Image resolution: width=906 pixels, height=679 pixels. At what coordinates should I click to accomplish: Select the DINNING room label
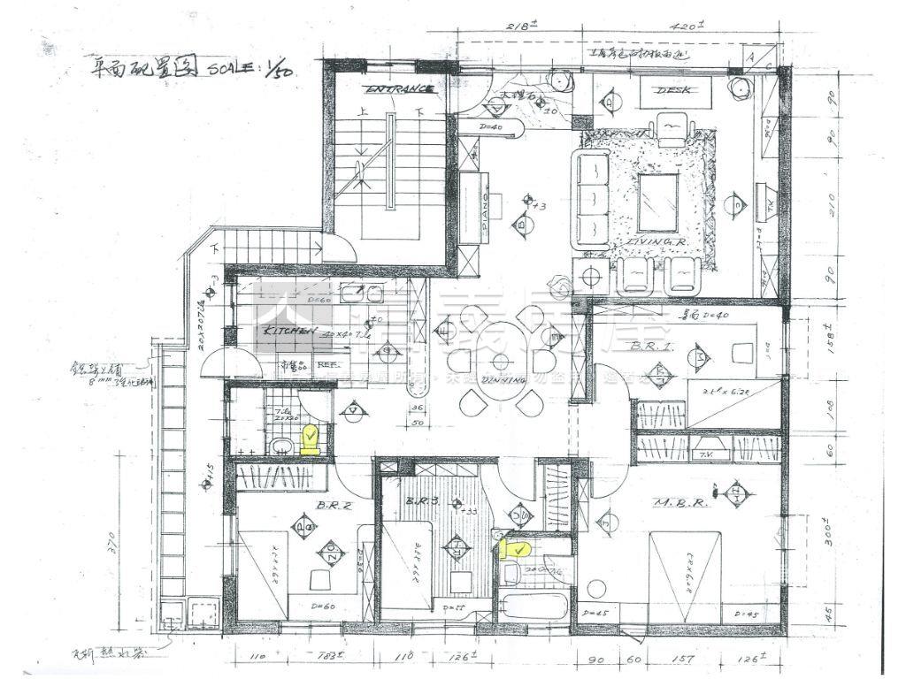[x=504, y=379]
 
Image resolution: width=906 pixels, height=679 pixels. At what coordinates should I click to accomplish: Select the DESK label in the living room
[x=672, y=90]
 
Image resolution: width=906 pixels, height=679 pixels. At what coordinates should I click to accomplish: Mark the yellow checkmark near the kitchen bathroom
[x=311, y=437]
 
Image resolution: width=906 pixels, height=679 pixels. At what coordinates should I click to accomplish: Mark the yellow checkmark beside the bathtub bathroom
[x=513, y=551]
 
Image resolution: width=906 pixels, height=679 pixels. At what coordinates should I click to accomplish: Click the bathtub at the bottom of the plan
[x=529, y=608]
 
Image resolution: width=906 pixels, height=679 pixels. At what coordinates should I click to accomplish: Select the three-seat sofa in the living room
[x=592, y=198]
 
